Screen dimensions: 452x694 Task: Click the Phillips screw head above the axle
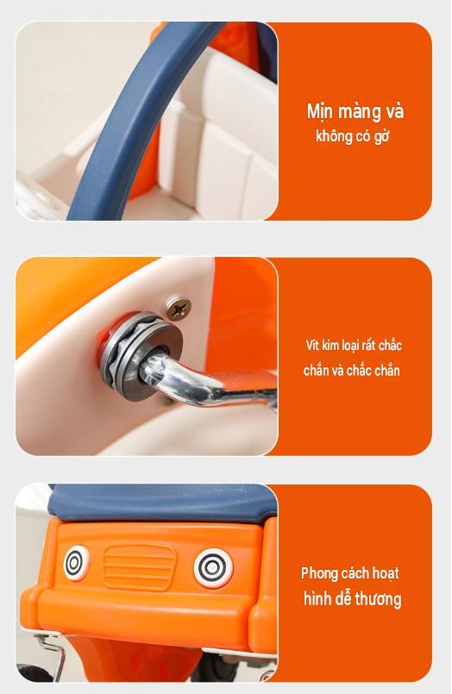(179, 309)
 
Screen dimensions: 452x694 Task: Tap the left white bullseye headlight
(75, 564)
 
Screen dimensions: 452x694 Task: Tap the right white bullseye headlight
(213, 568)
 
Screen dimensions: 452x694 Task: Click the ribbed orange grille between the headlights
(139, 566)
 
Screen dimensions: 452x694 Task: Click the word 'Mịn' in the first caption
(321, 111)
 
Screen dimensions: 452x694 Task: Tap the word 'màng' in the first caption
(360, 111)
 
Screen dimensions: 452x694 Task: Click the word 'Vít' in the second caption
(312, 345)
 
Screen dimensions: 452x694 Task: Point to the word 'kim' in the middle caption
(330, 345)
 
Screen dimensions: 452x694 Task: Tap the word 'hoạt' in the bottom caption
(385, 573)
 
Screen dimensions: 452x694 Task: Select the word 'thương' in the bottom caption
(378, 599)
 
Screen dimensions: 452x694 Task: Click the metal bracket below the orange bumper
(51, 655)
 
